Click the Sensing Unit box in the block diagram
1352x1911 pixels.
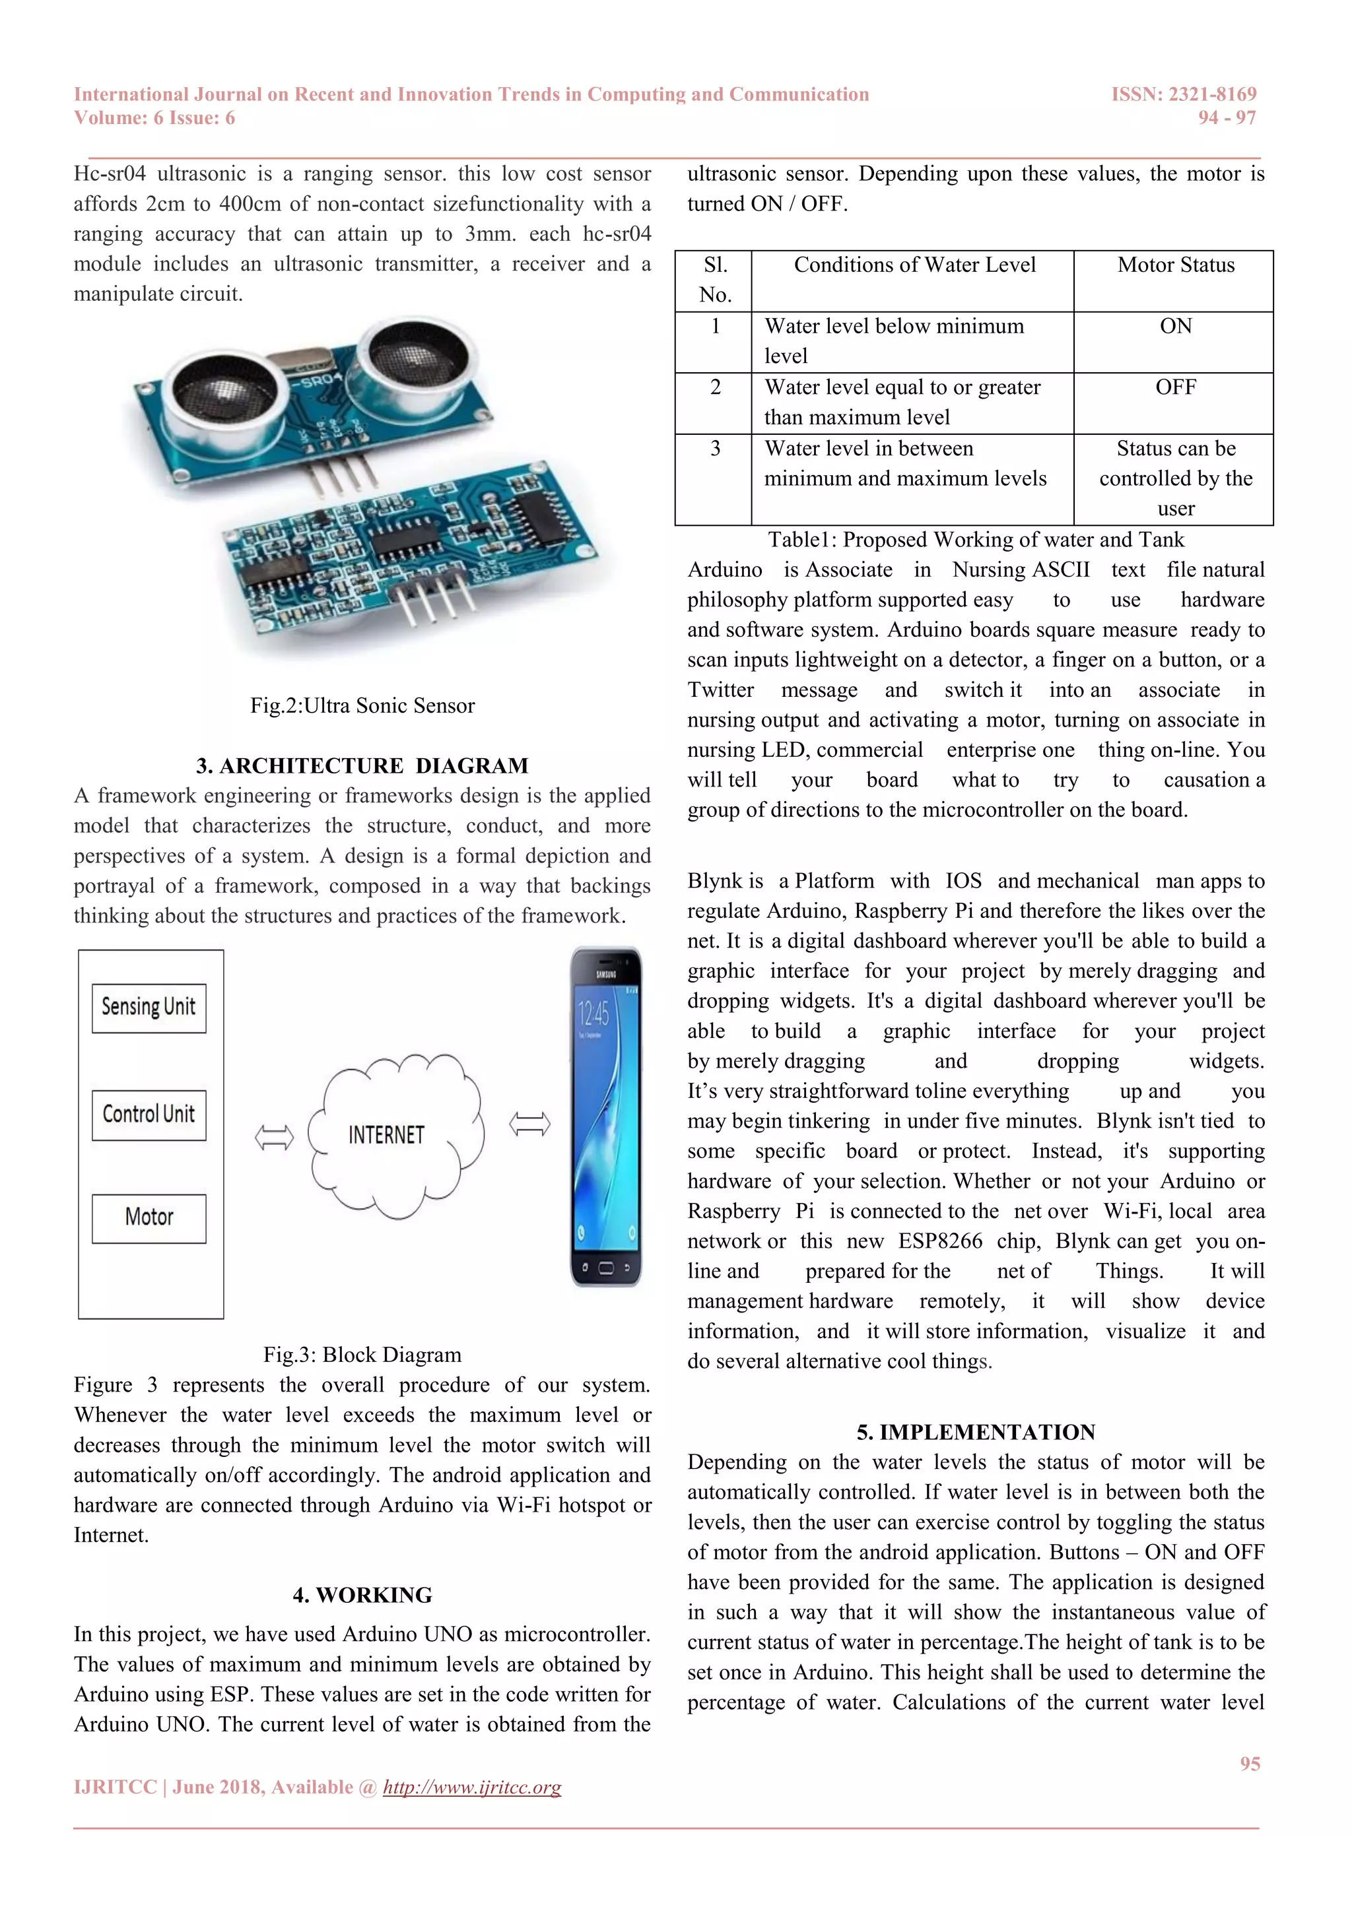point(149,1008)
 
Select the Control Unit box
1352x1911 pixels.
point(149,1115)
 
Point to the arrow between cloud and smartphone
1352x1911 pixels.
point(529,1124)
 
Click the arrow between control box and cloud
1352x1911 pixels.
point(274,1137)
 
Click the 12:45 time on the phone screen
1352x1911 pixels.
point(593,1014)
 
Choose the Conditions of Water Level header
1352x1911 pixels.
point(914,265)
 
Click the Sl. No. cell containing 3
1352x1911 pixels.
point(714,449)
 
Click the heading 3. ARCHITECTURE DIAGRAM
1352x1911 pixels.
point(362,765)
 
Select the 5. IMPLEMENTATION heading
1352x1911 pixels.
point(976,1433)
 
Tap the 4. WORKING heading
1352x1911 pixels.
point(362,1595)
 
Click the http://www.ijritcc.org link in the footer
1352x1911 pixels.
point(472,1787)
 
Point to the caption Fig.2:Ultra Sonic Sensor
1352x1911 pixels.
point(362,706)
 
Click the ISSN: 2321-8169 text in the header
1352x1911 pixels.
point(1183,94)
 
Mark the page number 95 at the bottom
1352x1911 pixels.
point(1250,1764)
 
